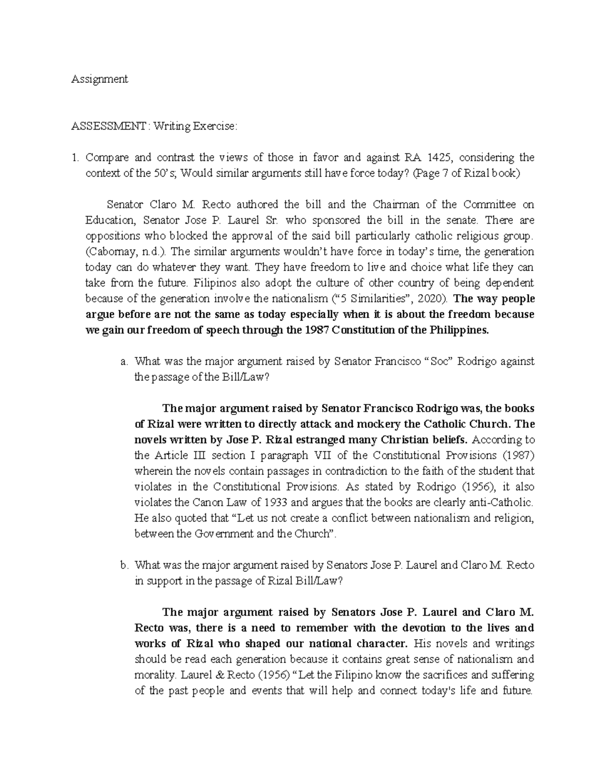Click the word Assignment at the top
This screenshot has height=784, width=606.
(x=99, y=79)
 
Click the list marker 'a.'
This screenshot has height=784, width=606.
(x=124, y=361)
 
